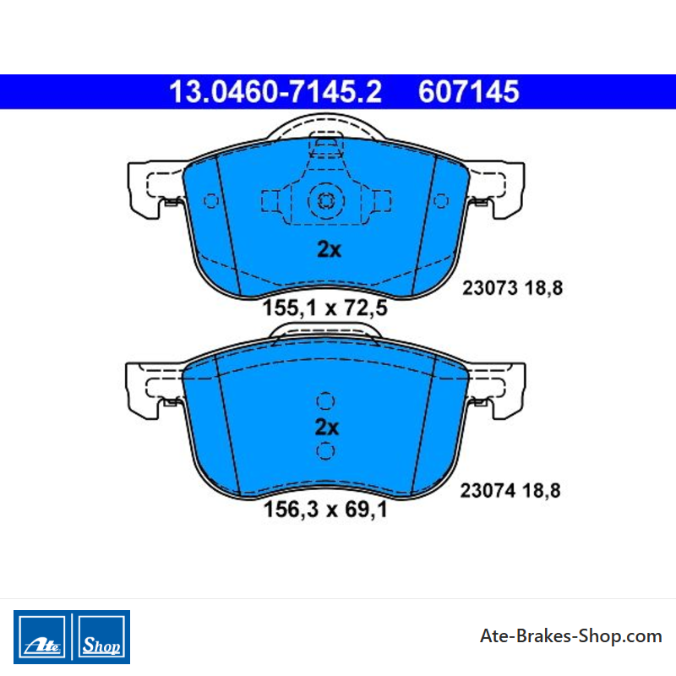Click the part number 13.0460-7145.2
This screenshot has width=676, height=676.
(275, 92)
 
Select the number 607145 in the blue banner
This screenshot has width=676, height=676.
(469, 92)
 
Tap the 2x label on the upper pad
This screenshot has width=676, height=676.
(329, 249)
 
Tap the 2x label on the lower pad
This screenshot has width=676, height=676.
(327, 428)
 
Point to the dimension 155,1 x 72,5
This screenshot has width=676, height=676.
(325, 308)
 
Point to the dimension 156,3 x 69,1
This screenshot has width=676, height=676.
(325, 510)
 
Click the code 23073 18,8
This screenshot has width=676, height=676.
(513, 288)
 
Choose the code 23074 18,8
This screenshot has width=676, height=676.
(510, 491)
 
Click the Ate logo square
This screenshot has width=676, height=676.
(41, 637)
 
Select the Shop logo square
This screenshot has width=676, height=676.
(101, 637)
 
